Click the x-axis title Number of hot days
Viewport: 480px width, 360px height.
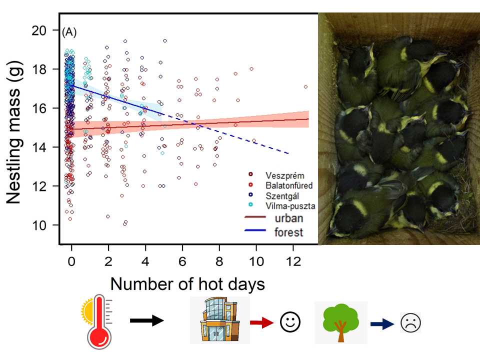(187, 283)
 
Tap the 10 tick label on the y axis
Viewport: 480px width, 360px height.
(44, 225)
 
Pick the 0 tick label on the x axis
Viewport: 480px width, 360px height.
(71, 261)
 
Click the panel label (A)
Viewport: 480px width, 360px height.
(69, 33)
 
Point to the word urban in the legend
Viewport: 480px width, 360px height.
(289, 218)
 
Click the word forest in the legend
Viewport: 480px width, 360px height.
(289, 232)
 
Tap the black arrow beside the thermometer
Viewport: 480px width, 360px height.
(147, 320)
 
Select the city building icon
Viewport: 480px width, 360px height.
(219, 320)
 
